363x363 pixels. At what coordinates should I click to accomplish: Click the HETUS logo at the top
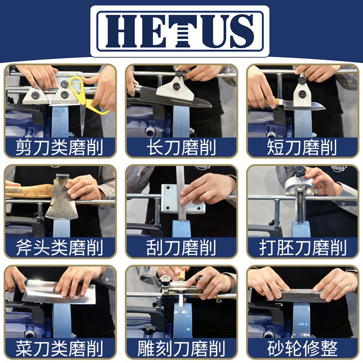click(x=180, y=31)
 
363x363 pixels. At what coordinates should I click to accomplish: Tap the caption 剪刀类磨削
click(x=59, y=147)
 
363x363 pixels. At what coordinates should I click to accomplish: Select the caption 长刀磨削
click(x=181, y=147)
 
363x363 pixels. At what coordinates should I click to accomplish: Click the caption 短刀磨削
click(x=302, y=147)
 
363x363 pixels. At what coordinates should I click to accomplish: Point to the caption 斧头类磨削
click(x=59, y=247)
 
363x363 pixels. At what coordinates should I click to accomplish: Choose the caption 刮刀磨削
click(x=181, y=247)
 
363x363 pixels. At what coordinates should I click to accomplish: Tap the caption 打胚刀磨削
click(x=303, y=247)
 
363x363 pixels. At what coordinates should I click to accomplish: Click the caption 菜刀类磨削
click(x=59, y=348)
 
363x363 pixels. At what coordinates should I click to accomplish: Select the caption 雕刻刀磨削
click(x=181, y=348)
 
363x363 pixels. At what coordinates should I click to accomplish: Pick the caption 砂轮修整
click(x=302, y=348)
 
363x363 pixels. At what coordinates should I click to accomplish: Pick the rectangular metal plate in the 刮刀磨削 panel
click(x=183, y=199)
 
